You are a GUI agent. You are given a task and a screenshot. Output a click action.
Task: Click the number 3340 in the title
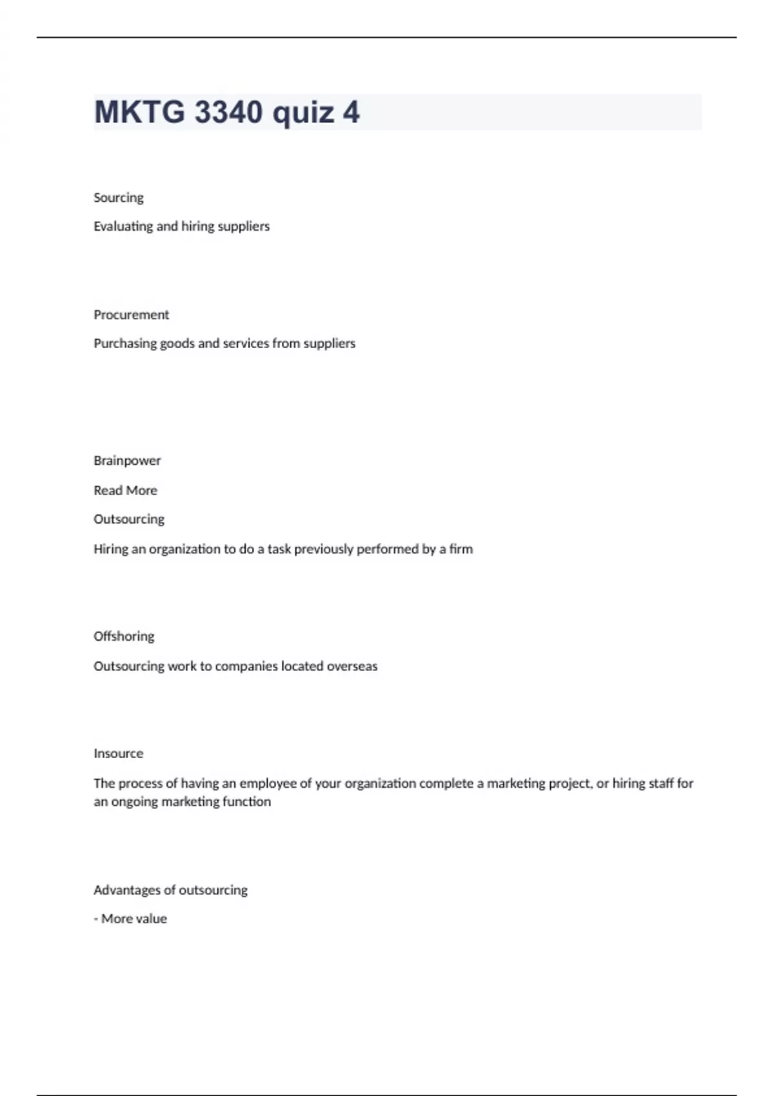pos(228,112)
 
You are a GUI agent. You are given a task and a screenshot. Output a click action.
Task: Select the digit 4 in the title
pos(351,112)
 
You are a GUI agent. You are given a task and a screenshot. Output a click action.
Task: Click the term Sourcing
pos(119,198)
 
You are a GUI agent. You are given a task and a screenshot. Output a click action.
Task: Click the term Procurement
pos(131,315)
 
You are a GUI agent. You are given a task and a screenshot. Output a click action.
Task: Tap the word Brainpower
pos(127,460)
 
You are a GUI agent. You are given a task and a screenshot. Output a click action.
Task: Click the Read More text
pos(125,491)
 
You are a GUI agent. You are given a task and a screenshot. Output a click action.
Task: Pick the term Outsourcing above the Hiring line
pos(129,519)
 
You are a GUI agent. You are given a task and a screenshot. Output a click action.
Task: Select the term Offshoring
pos(124,636)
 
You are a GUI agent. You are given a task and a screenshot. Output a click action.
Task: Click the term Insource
pos(119,754)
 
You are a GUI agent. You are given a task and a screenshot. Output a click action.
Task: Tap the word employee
pos(264,783)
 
